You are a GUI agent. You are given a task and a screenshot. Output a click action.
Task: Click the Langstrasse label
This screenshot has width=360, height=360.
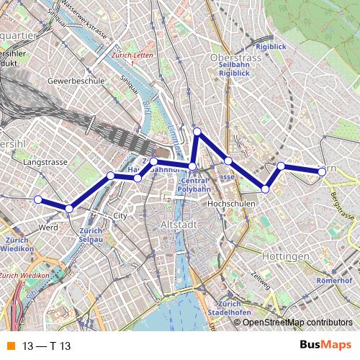45,163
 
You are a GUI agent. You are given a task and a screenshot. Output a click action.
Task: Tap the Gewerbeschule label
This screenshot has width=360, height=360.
76,81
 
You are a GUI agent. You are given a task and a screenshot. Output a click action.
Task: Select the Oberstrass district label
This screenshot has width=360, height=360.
234,57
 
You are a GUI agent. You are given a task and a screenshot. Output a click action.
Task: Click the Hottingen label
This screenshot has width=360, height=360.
266,256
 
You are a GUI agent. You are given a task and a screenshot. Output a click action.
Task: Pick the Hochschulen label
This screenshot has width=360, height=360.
232,204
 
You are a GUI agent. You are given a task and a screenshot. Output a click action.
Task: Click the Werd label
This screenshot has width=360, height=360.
48,228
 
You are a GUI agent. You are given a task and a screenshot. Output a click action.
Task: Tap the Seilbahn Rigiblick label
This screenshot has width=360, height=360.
234,68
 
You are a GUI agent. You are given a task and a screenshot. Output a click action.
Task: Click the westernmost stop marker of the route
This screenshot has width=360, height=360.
38,199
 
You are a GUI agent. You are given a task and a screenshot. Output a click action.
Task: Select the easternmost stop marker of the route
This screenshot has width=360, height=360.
323,171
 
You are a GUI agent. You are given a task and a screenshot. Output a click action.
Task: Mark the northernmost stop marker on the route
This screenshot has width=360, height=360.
197,131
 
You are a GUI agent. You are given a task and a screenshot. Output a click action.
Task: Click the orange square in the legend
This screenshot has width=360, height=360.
10,346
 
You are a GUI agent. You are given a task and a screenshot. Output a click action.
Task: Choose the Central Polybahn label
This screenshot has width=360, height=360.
193,184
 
